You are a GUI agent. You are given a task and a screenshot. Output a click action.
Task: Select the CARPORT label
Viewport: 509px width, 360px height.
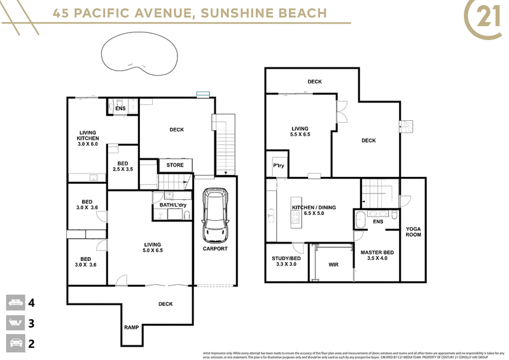215,249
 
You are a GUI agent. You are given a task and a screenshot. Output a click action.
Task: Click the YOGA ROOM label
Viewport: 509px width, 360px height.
414,232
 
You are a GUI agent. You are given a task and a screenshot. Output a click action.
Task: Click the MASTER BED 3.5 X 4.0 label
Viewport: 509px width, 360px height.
377,256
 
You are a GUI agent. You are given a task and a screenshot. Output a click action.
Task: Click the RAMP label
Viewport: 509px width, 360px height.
132,328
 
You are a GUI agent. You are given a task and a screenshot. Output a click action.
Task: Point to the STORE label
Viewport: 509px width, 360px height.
175,165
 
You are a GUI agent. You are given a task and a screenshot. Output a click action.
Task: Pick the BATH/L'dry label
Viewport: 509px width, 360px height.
168,205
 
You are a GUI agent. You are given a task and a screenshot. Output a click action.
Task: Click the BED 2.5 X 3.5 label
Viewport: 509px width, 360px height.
123,167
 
